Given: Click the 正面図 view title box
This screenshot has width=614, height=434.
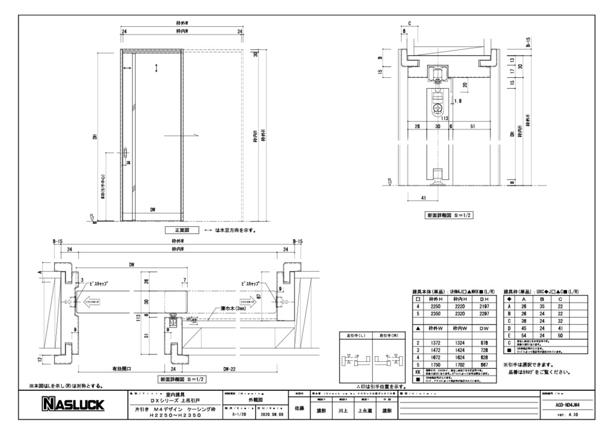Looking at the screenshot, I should (x=182, y=231).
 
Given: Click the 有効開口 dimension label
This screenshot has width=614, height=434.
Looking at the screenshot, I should (x=121, y=369).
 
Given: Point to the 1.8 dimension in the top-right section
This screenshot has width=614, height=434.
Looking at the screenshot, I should (x=458, y=102).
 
